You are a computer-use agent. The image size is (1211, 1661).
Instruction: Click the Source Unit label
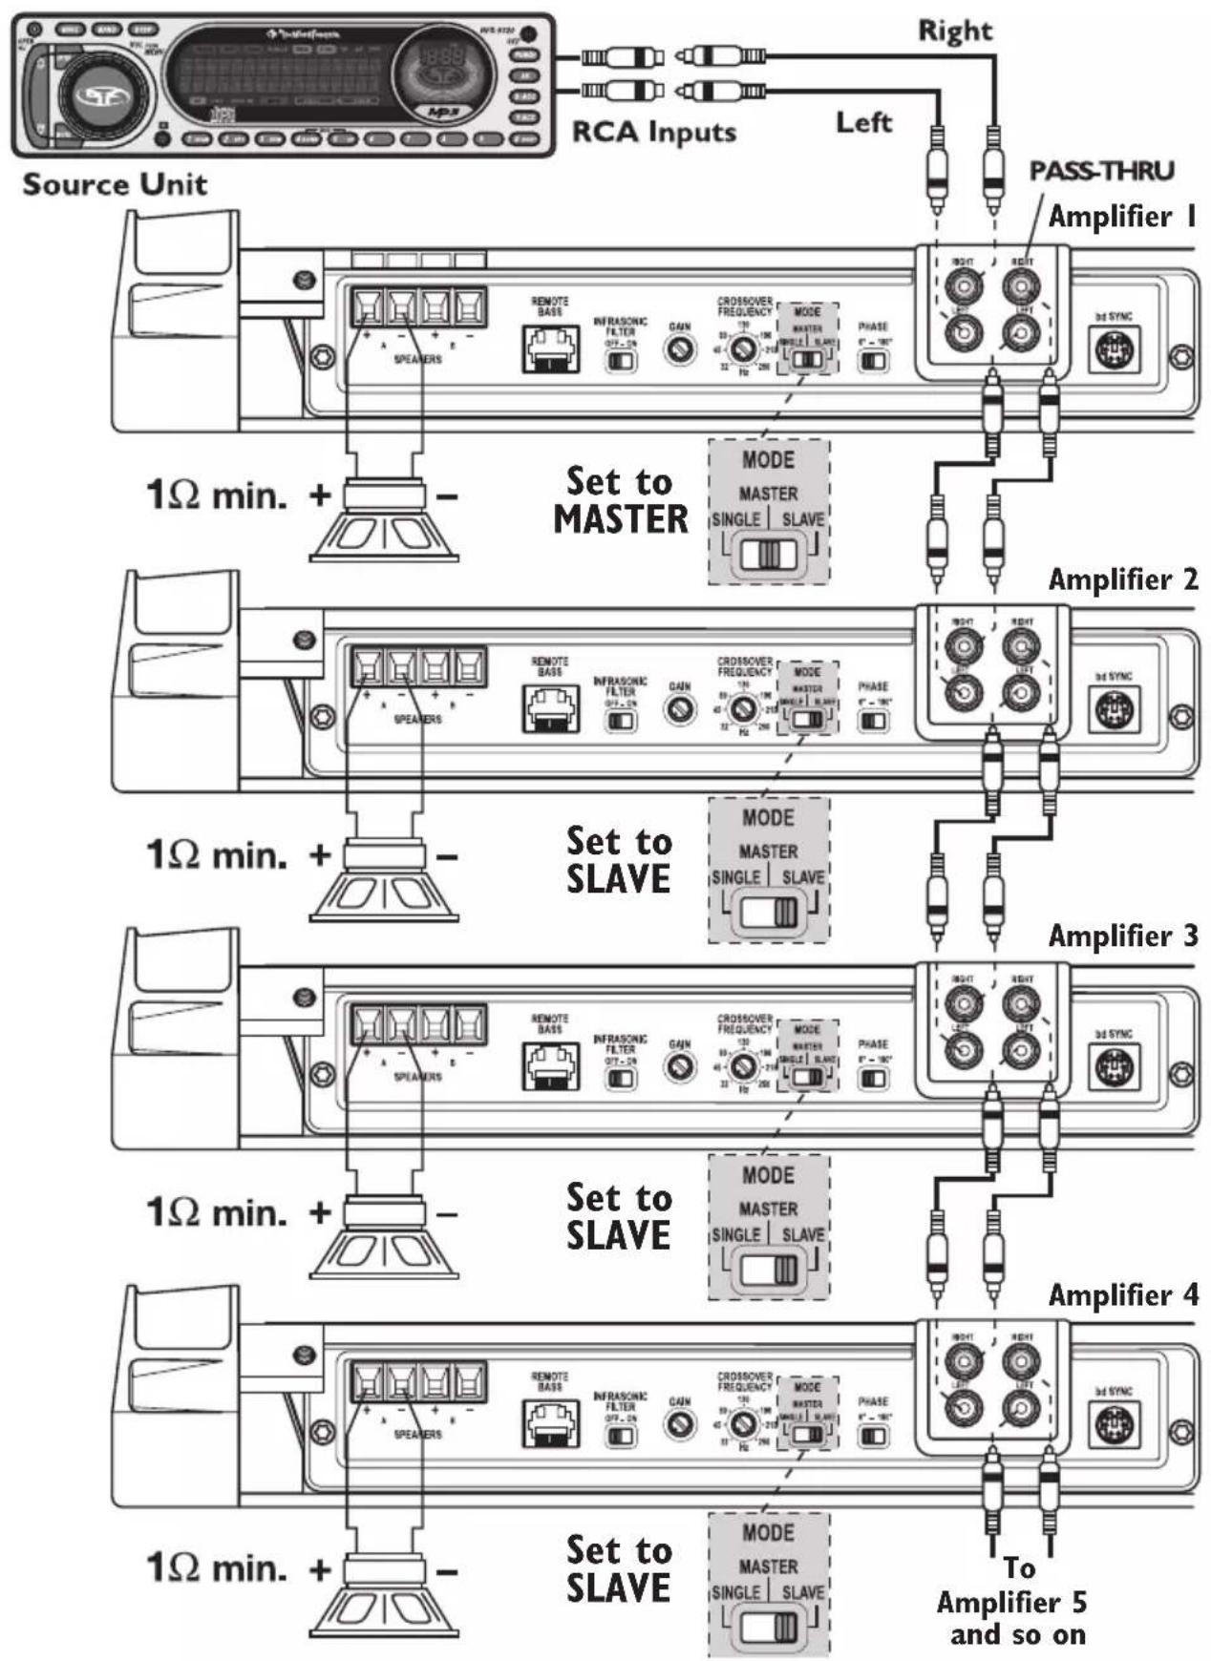coord(115,183)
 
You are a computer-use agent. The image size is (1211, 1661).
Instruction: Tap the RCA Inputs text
coord(654,132)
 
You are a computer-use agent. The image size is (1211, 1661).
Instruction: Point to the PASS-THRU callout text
coord(1101,171)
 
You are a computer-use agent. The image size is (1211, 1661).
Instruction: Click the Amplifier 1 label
coord(1122,217)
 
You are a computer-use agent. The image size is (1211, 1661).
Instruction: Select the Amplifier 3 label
coord(1122,936)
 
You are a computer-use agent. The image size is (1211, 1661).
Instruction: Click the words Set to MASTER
coord(621,500)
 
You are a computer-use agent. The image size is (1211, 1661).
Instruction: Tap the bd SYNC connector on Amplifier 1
coord(1114,351)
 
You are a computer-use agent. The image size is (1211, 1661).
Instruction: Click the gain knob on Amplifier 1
coord(679,350)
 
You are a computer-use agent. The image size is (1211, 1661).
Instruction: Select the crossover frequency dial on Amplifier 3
coord(743,1066)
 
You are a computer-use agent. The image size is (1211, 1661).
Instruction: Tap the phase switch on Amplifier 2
coord(873,720)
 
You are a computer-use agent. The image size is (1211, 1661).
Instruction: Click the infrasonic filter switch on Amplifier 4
coord(621,1435)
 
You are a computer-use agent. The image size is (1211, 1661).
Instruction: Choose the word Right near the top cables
coord(955,31)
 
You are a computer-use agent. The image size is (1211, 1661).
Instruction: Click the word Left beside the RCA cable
coord(863,122)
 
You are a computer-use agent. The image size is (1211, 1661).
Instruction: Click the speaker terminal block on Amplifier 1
coord(417,307)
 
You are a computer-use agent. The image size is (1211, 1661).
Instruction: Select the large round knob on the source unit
coord(96,95)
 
